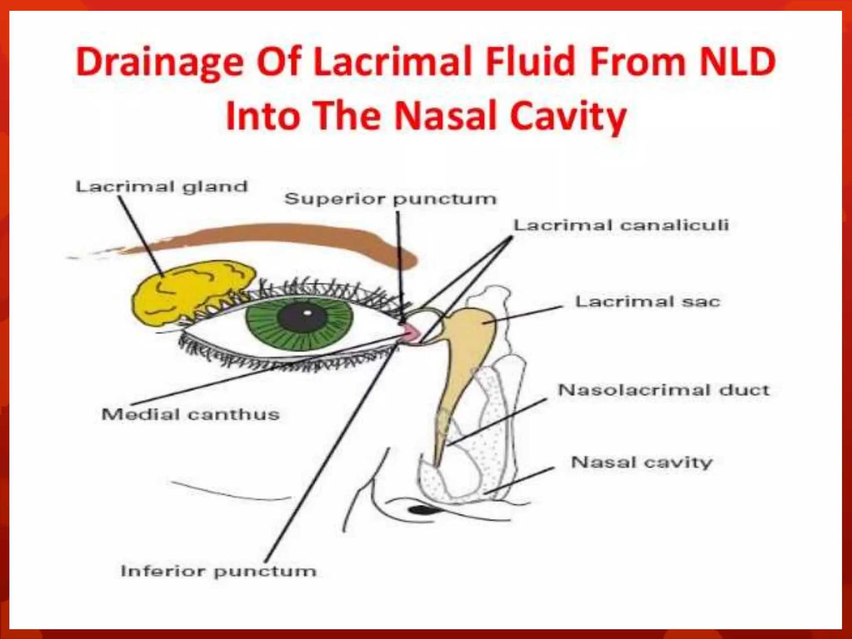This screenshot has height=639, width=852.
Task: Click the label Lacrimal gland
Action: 161,187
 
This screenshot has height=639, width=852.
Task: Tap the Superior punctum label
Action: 390,199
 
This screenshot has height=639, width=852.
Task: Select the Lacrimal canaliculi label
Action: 621,225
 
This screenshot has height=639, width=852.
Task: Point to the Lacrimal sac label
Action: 647,302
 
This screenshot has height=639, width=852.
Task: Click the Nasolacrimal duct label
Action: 664,390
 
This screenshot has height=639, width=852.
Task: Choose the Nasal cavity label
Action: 642,462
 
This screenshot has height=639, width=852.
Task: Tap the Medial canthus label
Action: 191,414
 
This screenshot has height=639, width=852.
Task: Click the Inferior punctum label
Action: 218,571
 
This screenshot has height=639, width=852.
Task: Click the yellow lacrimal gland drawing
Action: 187,291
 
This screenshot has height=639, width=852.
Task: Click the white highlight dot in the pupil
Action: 307,312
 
